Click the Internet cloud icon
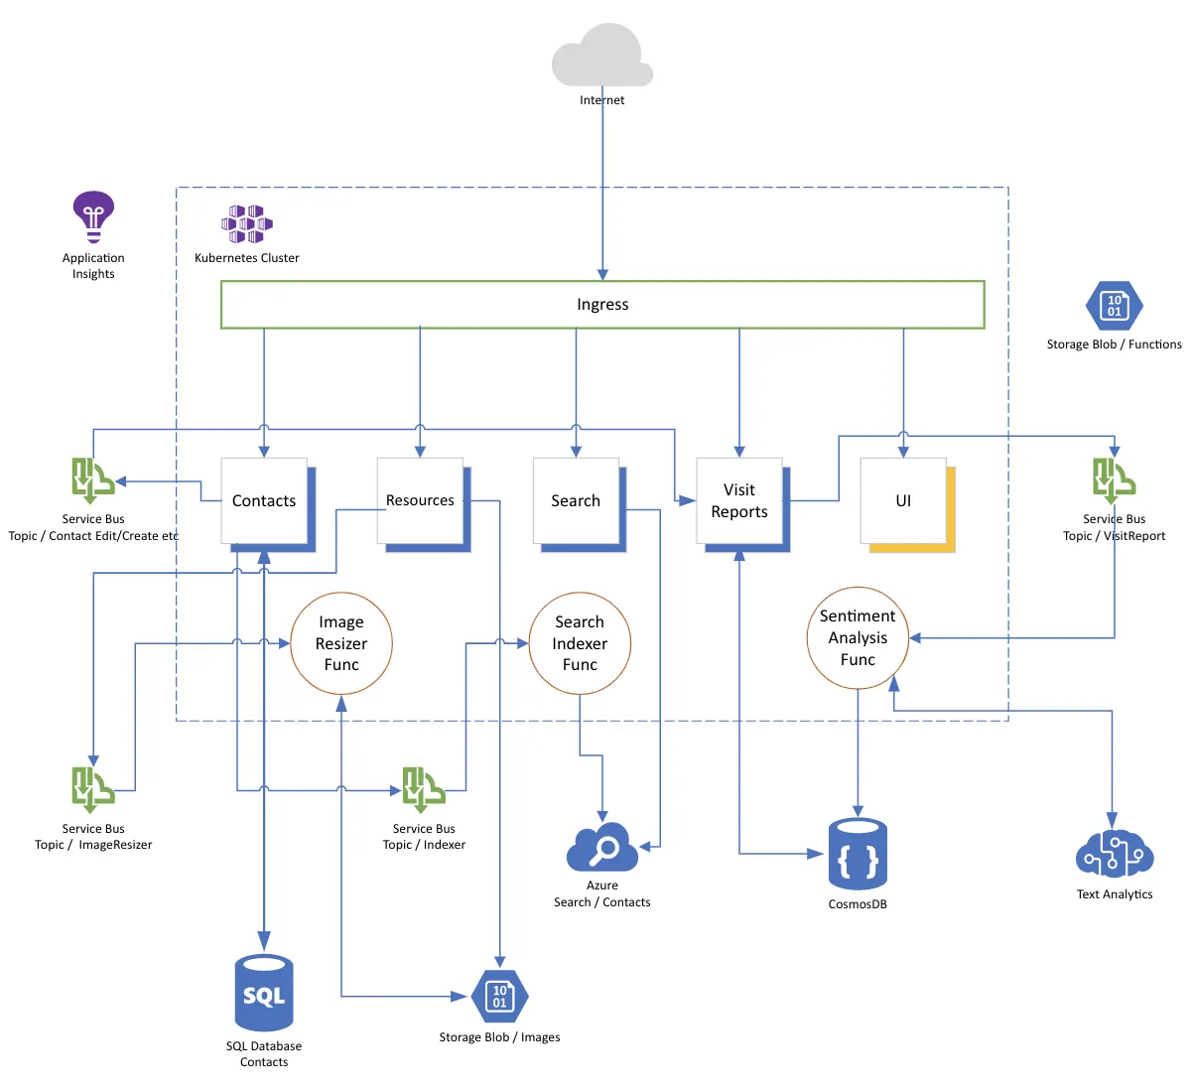point(602,58)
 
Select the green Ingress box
point(602,305)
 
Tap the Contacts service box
point(264,501)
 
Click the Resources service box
point(420,501)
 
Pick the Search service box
point(576,501)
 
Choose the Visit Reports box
point(739,501)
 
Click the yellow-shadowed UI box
point(903,501)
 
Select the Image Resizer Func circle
point(341,643)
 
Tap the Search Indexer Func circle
point(580,643)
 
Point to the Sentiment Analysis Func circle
point(858,637)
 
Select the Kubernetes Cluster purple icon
point(246,224)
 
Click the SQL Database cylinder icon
point(264,993)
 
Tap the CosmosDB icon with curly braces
point(858,855)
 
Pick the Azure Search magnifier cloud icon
point(602,849)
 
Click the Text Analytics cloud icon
point(1114,854)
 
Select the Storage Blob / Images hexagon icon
point(499,997)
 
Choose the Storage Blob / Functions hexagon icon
point(1114,306)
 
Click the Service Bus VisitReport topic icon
point(1114,481)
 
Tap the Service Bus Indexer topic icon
point(424,789)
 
